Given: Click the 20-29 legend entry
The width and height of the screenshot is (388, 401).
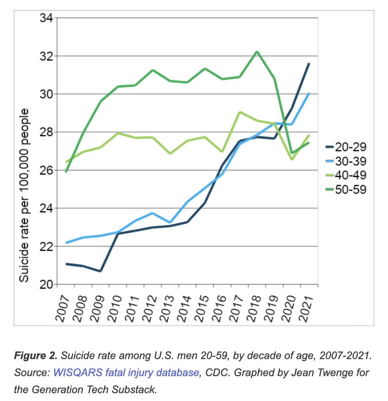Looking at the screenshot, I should click(346, 147).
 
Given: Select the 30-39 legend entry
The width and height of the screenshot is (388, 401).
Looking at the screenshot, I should click(346, 161).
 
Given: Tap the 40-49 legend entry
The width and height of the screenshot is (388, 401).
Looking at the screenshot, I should click(346, 175).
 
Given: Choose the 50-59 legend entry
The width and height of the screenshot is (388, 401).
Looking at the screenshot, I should click(346, 189).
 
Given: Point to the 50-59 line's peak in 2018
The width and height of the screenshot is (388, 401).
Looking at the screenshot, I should click(257, 51).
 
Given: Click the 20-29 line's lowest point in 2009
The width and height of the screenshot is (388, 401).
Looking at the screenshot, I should click(100, 271).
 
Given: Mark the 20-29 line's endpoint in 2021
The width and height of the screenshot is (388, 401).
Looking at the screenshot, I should click(309, 63).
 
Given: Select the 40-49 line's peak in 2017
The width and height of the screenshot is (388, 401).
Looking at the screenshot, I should click(239, 112).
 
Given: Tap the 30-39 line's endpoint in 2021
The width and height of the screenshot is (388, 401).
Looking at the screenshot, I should click(309, 94).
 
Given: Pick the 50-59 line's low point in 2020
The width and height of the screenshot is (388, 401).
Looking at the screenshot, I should click(292, 153).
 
